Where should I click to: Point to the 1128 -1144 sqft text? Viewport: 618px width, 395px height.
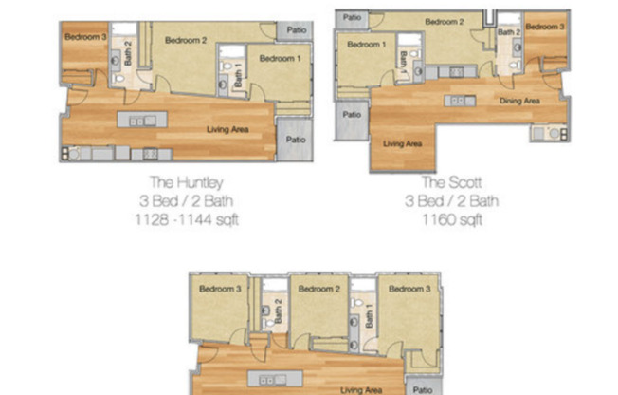tap(187, 219)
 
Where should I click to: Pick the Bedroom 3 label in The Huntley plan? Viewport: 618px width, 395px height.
tap(84, 37)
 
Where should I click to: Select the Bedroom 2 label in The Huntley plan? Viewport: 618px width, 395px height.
tap(186, 41)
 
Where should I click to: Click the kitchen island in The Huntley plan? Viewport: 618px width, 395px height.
tap(142, 121)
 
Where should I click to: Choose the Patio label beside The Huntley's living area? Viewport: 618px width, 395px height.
tap(296, 139)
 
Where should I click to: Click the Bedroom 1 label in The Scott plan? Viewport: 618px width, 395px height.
tap(366, 45)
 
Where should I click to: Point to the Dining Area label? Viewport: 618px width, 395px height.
tap(519, 100)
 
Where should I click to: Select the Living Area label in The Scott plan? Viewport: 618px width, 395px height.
tap(402, 144)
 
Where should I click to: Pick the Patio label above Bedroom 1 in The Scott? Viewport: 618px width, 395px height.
tap(352, 16)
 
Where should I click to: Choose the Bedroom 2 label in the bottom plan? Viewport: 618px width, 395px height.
tap(317, 289)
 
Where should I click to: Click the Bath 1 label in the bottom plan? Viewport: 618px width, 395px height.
tap(369, 310)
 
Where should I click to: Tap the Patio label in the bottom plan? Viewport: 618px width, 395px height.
tap(423, 388)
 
